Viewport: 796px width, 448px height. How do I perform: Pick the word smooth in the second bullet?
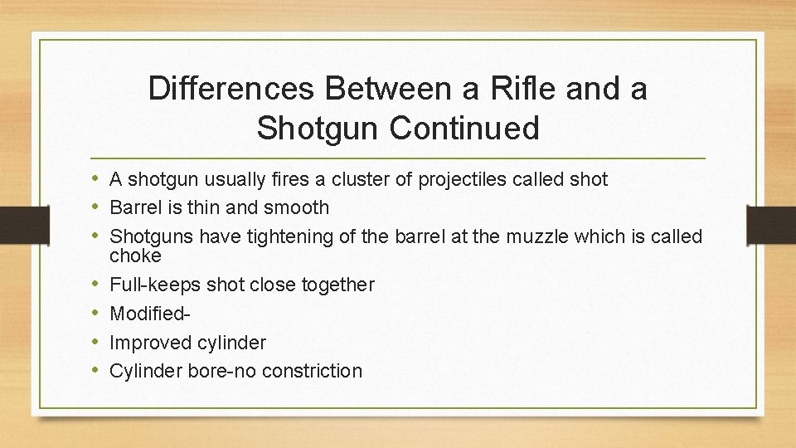tap(296, 207)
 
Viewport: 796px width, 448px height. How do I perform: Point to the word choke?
tap(135, 256)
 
